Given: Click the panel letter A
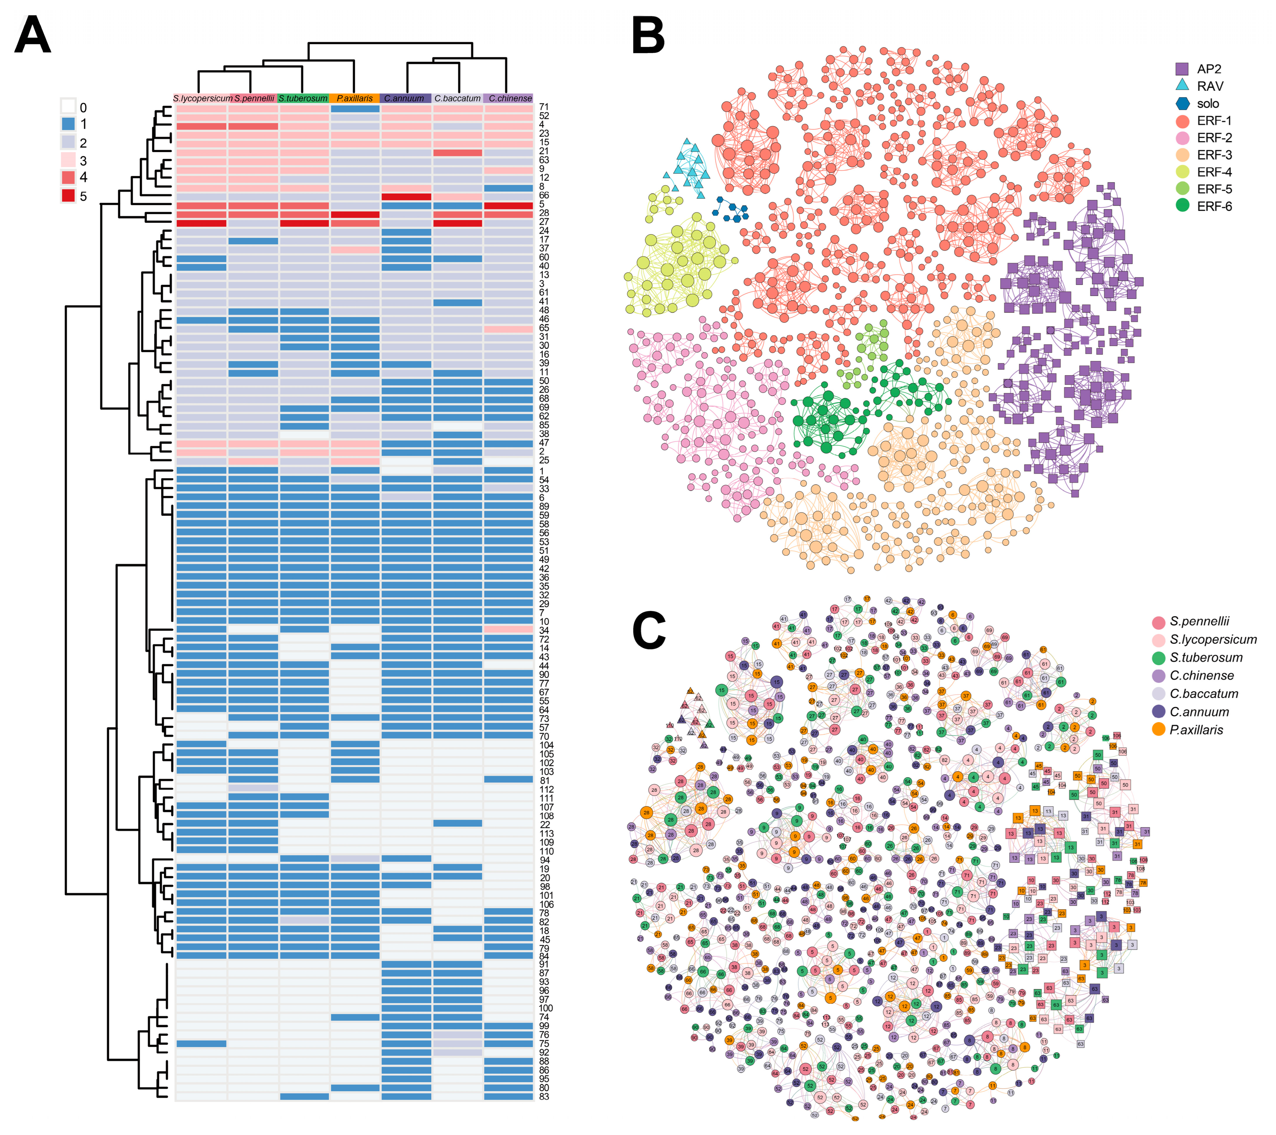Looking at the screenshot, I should pyautogui.click(x=33, y=36).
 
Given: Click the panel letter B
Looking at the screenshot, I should pyautogui.click(x=648, y=36).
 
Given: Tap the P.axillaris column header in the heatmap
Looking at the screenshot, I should pyautogui.click(x=355, y=99).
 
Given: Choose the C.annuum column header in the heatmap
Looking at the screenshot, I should pyautogui.click(x=404, y=99).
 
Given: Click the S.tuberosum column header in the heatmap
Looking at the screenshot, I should pyautogui.click(x=303, y=99).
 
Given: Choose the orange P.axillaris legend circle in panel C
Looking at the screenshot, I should pyautogui.click(x=1159, y=729).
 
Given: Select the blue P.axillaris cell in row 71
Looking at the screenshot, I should pyautogui.click(x=355, y=108).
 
